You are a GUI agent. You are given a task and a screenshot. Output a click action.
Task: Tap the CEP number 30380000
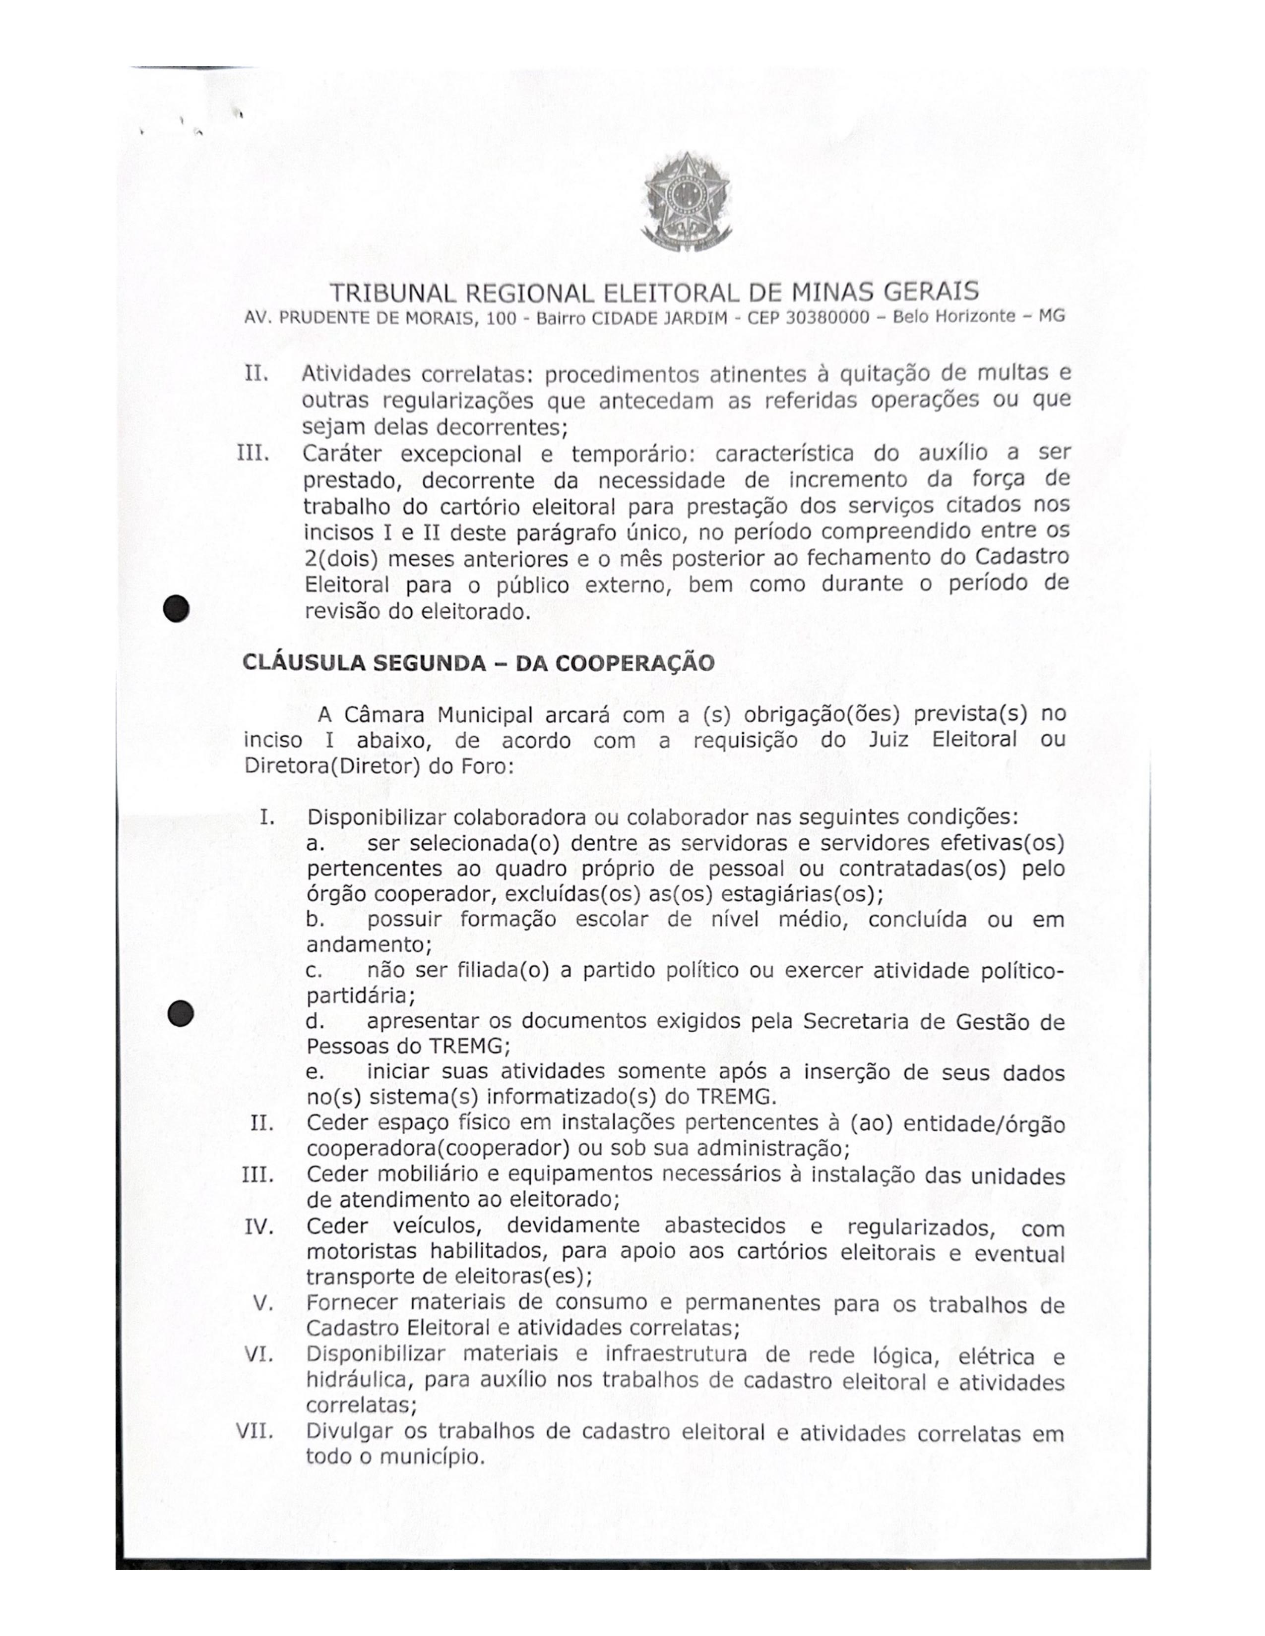point(827,318)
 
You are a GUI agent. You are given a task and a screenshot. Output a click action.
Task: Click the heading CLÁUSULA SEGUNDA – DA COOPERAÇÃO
point(479,663)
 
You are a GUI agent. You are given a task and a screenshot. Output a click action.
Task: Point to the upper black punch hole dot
point(177,607)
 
